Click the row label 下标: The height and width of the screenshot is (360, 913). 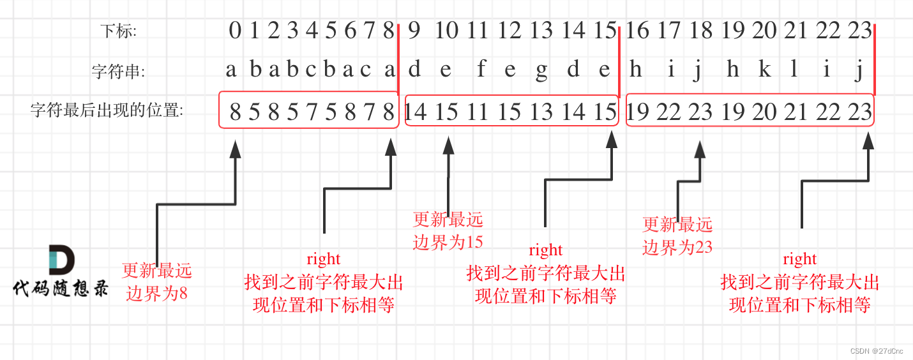119,30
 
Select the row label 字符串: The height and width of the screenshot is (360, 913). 118,71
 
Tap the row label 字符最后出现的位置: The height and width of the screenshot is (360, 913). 107,111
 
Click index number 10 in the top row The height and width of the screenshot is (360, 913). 446,30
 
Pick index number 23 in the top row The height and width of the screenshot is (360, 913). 859,30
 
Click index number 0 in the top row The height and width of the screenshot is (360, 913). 235,30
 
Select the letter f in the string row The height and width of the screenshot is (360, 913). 481,70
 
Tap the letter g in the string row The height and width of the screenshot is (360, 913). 541,71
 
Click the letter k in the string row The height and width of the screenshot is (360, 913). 764,70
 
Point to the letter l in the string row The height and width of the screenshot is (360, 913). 794,70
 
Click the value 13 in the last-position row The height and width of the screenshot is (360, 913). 541,112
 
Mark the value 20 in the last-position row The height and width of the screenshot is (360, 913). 764,112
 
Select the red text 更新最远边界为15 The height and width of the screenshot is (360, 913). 448,230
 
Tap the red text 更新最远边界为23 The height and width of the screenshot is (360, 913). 677,236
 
